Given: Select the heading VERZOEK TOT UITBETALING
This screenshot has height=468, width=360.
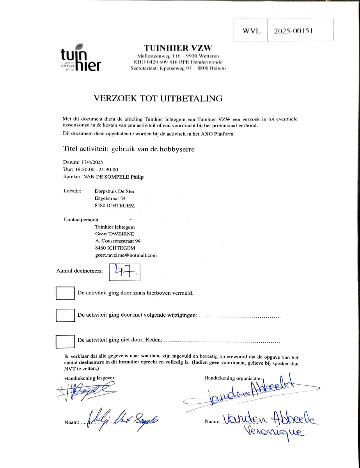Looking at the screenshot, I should (x=158, y=98).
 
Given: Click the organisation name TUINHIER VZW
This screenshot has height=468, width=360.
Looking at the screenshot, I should (x=178, y=48).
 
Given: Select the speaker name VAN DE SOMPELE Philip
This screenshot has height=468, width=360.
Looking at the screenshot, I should (x=113, y=177).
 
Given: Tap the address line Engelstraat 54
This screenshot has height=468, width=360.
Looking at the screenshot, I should (x=110, y=199).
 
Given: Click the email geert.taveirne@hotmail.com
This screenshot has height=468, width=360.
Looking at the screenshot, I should (x=126, y=255).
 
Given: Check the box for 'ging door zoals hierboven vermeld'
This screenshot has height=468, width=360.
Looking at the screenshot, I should (x=65, y=293).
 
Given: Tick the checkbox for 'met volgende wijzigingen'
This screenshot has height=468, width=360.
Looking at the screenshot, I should (x=65, y=315).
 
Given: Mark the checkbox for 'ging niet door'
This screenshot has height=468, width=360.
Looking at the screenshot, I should (x=65, y=341).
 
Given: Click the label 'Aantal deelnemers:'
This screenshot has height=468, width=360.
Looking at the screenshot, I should (x=80, y=271).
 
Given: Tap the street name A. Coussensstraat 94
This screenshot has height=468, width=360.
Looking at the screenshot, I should (x=118, y=241).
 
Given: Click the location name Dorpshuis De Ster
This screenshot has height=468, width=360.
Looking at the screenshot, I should (x=115, y=191).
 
